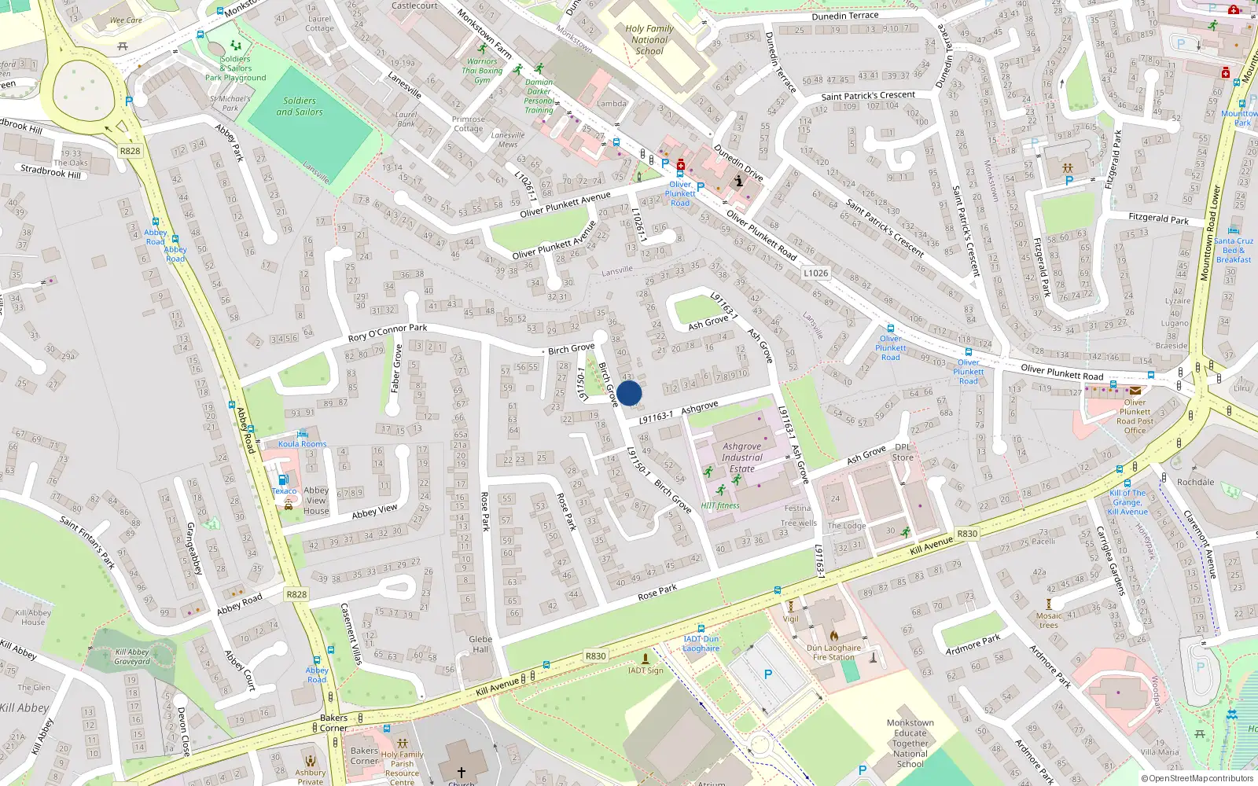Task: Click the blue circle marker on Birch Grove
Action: [x=629, y=393]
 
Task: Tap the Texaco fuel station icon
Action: [x=283, y=480]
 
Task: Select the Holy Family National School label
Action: [x=649, y=39]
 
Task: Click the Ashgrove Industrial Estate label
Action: [x=742, y=457]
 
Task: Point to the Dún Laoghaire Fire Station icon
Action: [x=834, y=635]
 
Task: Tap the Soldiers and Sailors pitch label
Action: [x=300, y=106]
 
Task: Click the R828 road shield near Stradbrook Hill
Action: [x=131, y=151]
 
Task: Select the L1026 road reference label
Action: [x=815, y=273]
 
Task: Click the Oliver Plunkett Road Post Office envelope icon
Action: [x=1135, y=391]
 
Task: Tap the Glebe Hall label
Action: [x=480, y=644]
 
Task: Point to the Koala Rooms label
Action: [x=302, y=444]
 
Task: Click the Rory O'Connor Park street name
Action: [x=388, y=333]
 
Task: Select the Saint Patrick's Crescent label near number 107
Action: [x=868, y=96]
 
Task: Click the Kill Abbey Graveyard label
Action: [x=132, y=656]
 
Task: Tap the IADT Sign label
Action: [x=646, y=670]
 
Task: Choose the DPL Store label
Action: [x=903, y=452]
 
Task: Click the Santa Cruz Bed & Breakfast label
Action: [x=1233, y=250]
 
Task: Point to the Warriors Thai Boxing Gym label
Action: [x=482, y=71]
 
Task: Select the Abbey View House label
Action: [x=316, y=500]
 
